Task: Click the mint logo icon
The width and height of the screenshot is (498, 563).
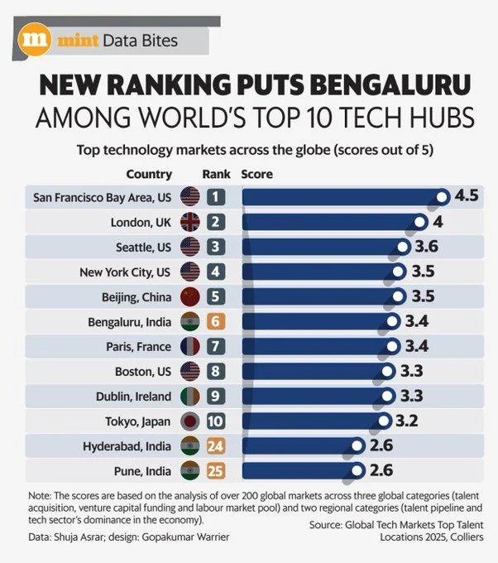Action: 35,38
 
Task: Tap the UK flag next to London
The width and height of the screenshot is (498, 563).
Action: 190,222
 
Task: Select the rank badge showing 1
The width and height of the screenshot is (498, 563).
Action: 215,197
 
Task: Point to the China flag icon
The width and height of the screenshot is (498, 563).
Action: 190,296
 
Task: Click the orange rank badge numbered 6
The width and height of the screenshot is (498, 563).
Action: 215,321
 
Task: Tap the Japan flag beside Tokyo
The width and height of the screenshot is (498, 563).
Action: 190,421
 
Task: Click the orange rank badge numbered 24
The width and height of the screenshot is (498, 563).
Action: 215,445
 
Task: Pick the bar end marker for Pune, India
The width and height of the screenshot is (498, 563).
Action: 357,470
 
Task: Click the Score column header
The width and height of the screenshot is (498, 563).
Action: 256,175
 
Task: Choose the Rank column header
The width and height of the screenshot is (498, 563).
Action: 216,175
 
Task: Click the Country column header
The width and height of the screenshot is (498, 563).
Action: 149,175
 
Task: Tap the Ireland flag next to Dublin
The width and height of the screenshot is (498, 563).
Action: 190,396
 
